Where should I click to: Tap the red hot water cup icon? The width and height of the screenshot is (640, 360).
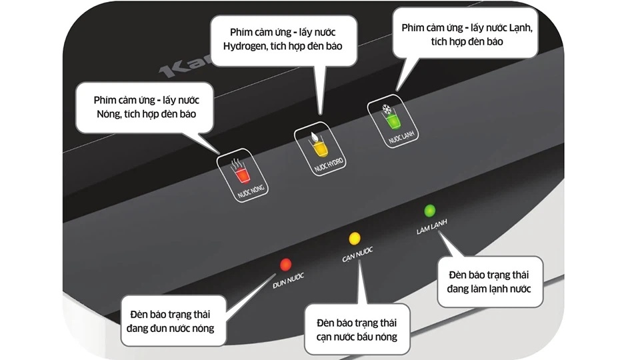tap(243, 175)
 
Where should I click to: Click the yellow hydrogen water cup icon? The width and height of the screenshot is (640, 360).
tap(320, 149)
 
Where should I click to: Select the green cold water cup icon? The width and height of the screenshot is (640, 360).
tap(392, 121)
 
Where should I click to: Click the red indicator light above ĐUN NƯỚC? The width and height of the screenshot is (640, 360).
tap(286, 265)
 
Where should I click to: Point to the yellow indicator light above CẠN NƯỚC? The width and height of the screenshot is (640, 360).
tap(355, 239)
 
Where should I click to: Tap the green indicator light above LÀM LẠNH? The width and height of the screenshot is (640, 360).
tap(429, 211)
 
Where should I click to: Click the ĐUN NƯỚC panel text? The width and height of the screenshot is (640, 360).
tap(288, 281)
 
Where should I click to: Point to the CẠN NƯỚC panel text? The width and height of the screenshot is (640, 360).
tap(357, 254)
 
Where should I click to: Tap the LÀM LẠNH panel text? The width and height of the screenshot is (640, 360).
tap(432, 227)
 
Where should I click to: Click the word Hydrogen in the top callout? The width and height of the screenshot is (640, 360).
tap(245, 46)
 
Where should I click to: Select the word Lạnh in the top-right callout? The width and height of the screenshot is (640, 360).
tap(521, 28)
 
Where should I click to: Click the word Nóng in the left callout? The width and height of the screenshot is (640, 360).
tap(109, 114)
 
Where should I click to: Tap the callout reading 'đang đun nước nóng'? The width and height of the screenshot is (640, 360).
tap(173, 321)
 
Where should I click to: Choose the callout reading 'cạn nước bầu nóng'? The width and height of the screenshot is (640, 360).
tap(357, 330)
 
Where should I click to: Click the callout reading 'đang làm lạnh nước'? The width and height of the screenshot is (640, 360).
tap(490, 281)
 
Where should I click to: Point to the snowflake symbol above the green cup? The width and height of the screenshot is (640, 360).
tap(387, 109)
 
